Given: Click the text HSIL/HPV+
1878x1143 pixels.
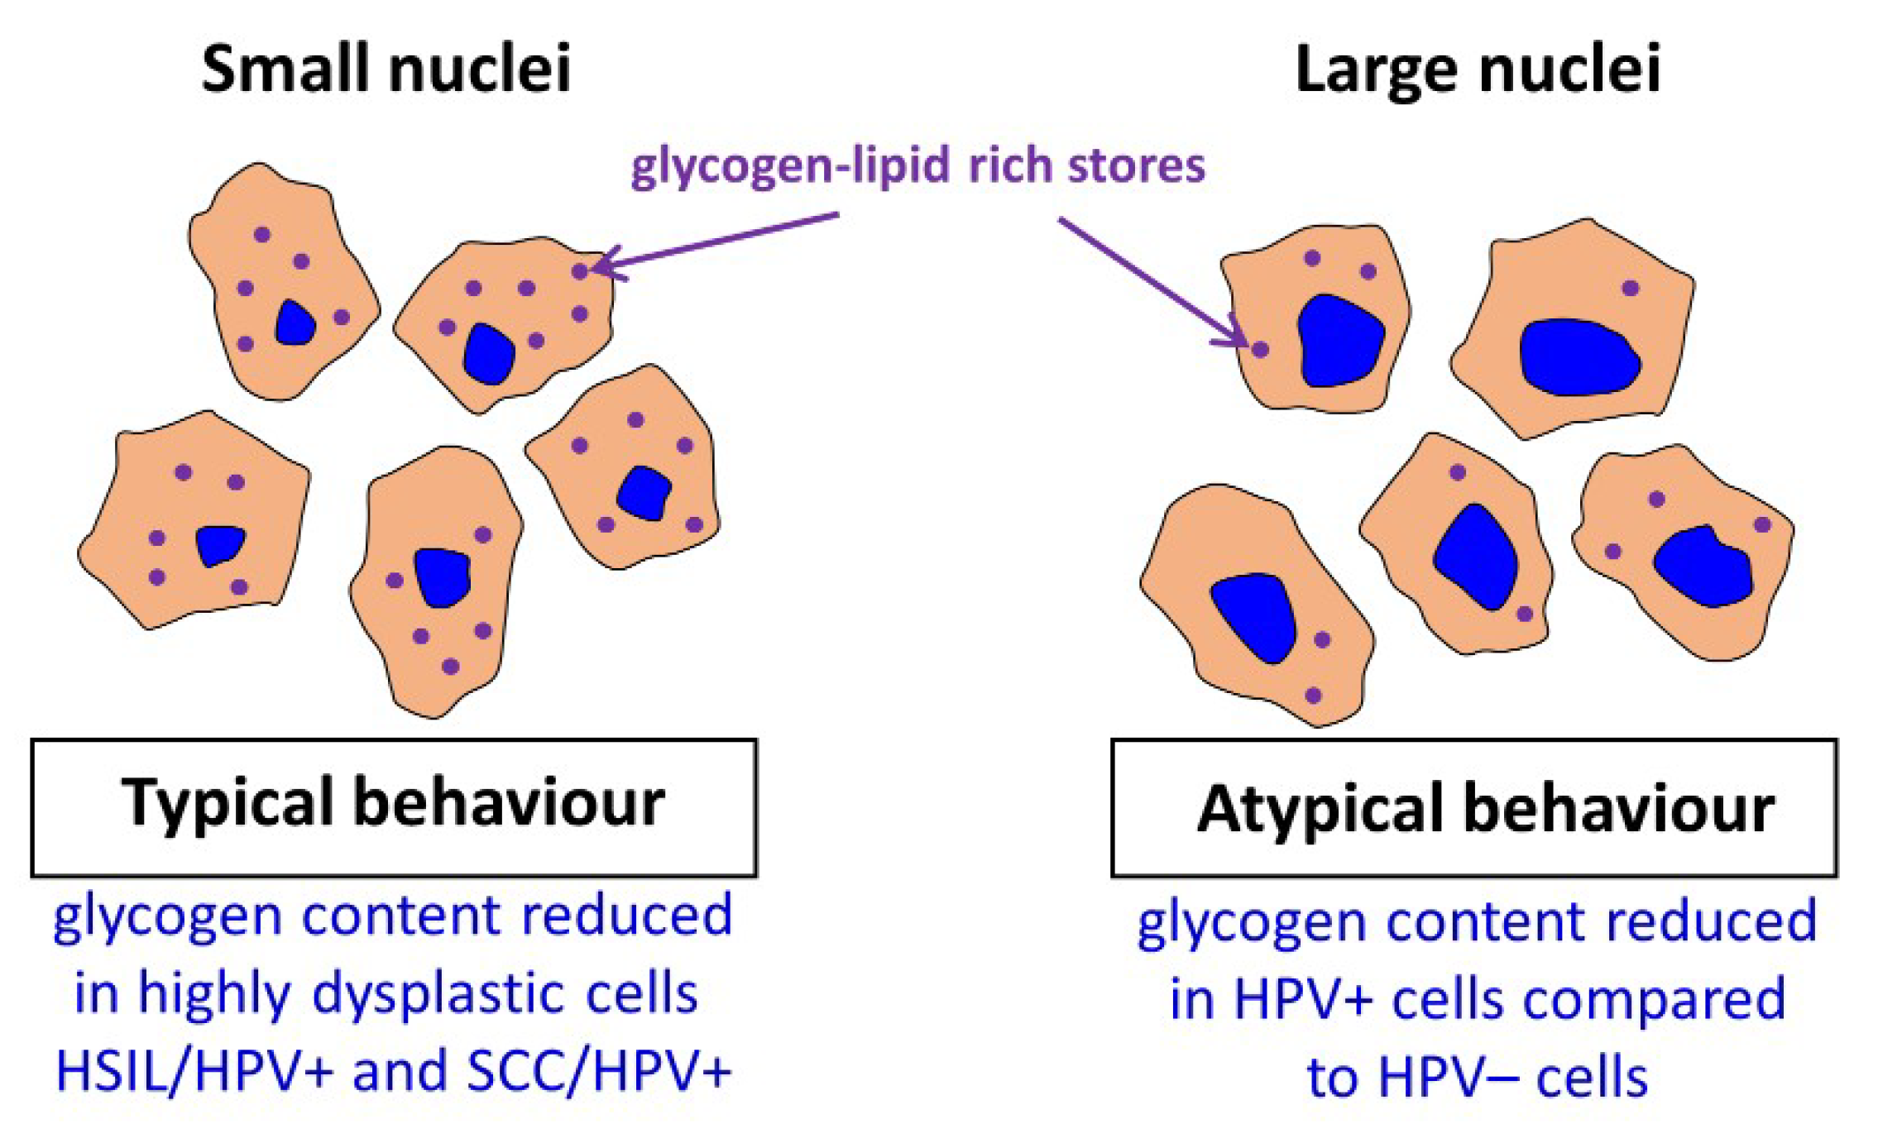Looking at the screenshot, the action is point(194,1071).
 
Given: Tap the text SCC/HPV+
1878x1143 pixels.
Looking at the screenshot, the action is point(599,1071).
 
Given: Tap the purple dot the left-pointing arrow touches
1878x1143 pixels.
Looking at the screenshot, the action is point(580,270).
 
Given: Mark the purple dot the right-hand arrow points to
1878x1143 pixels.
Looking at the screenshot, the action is point(1260,349).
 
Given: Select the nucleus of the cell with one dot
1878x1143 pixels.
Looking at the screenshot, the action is point(1579,356).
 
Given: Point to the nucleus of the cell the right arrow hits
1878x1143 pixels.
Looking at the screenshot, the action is point(1340,341).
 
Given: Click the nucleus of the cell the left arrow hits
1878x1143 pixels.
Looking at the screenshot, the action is point(489,354).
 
